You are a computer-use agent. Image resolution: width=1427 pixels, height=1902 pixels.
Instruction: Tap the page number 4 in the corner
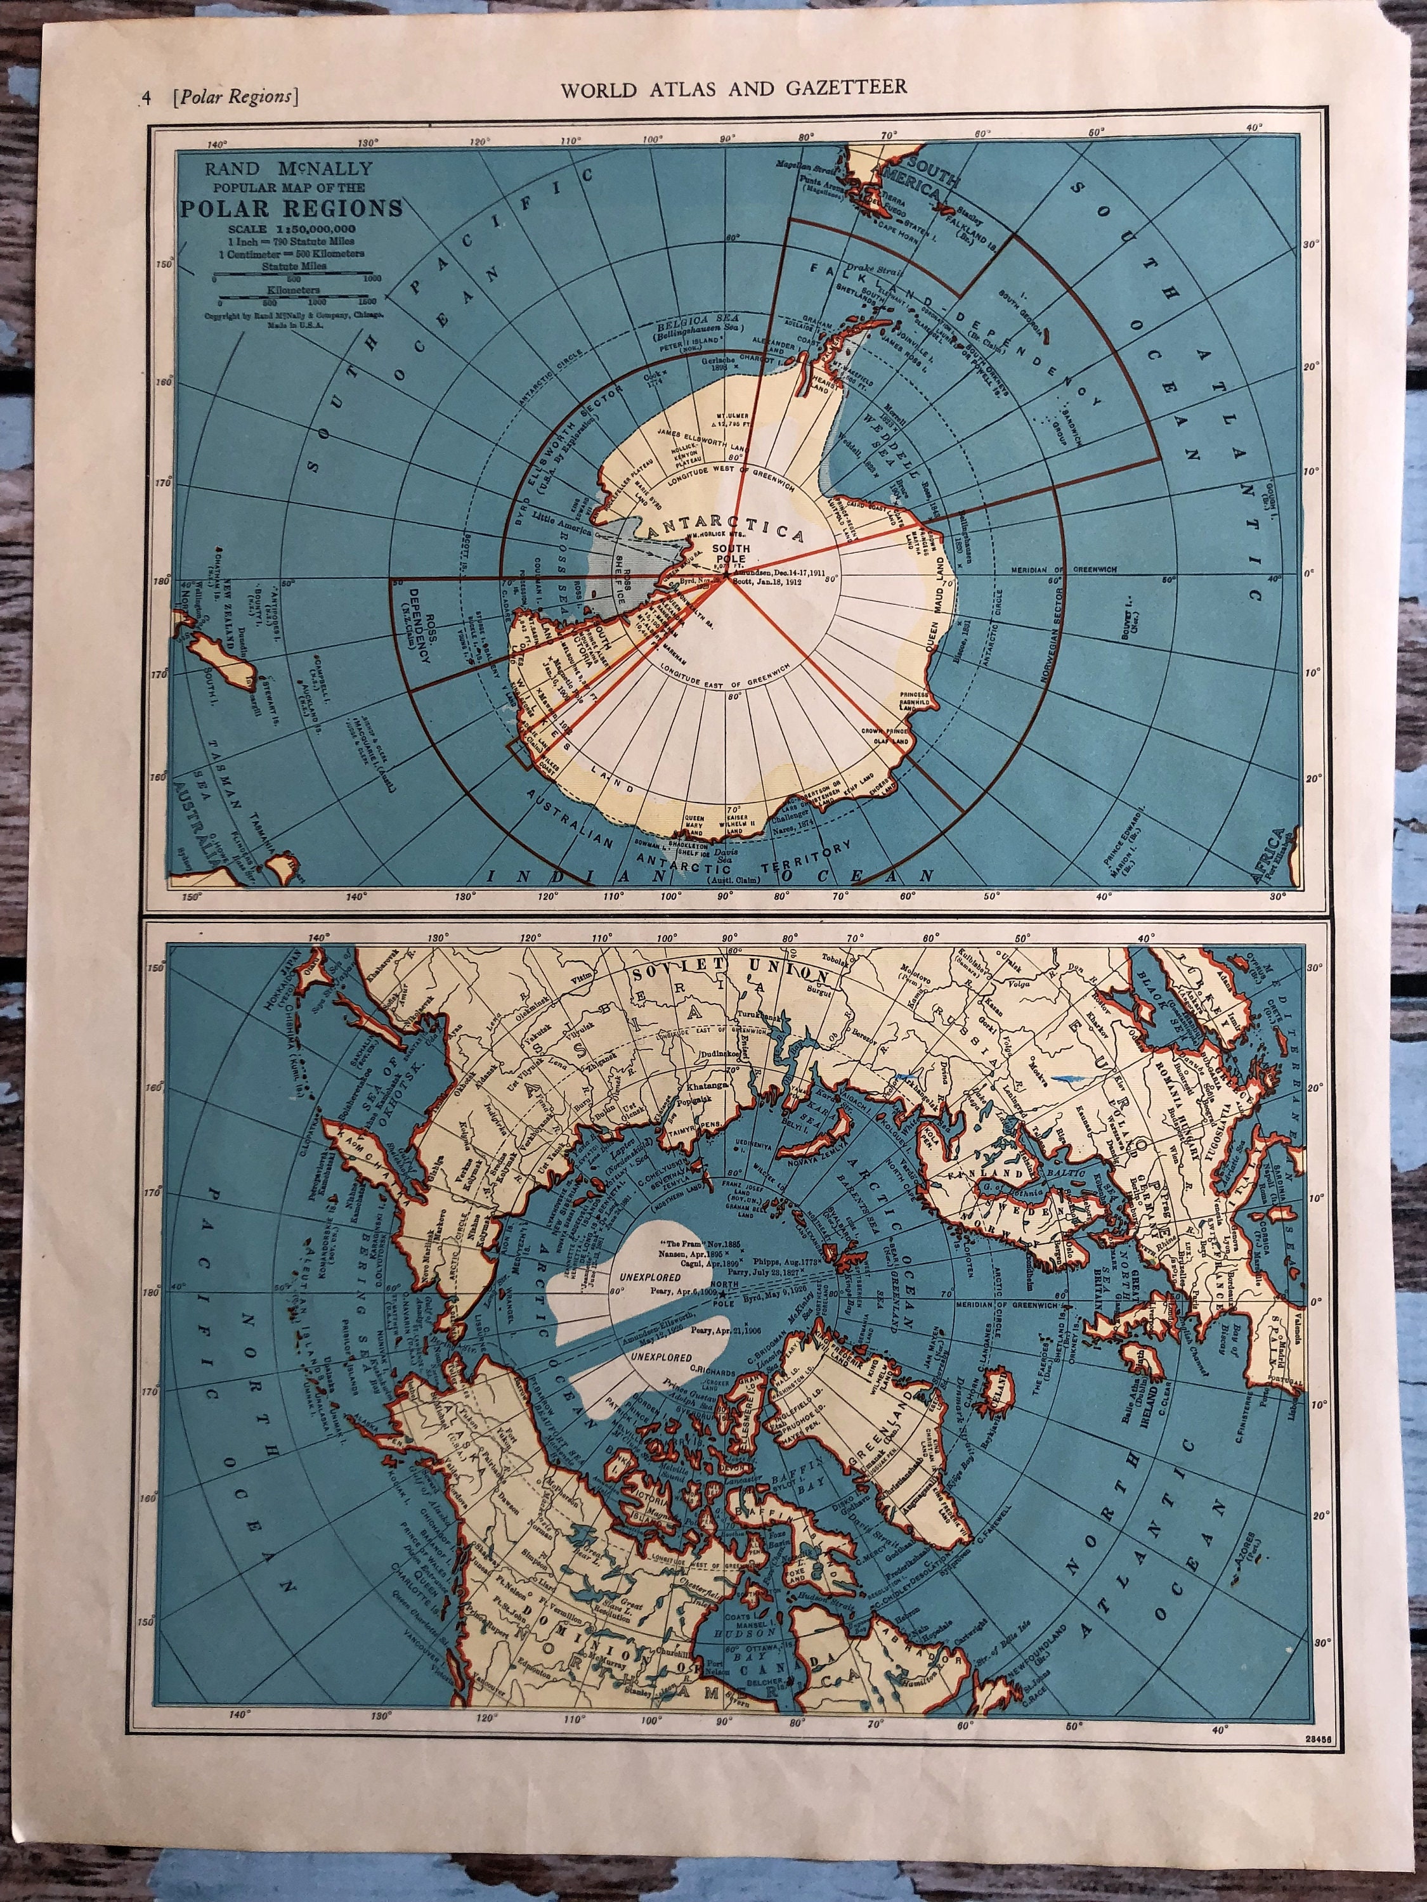[147, 97]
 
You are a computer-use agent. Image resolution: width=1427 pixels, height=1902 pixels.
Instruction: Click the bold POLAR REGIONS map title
[290, 208]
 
